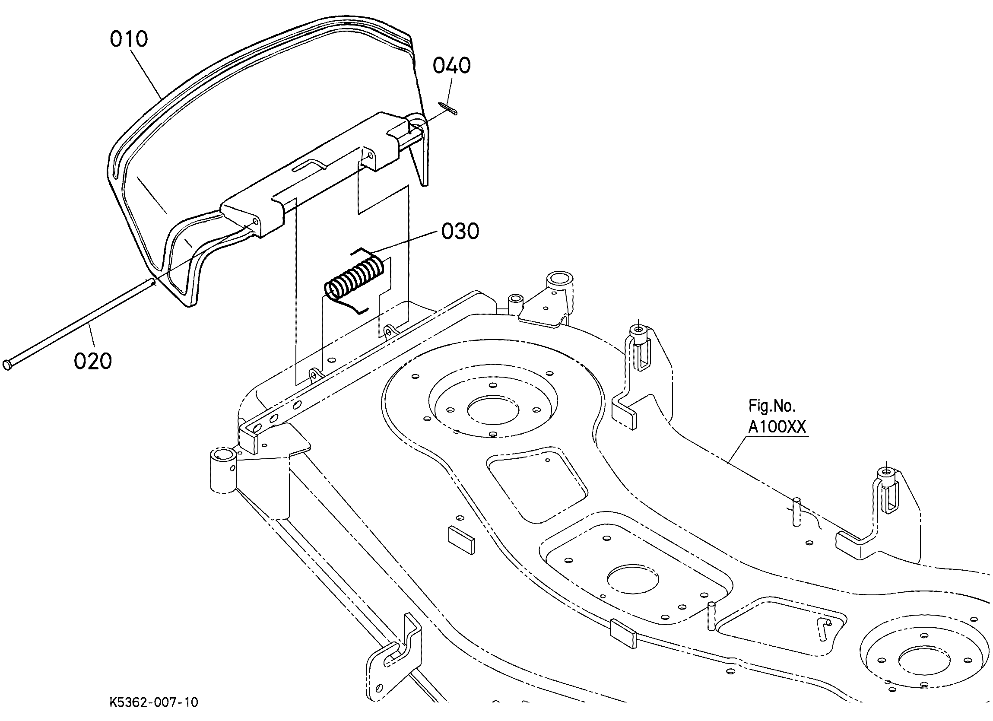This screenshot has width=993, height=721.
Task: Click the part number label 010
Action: point(128,39)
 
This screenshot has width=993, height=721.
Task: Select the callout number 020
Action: point(92,362)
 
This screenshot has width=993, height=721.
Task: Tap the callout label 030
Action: point(460,231)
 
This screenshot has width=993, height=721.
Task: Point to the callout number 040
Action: point(451,66)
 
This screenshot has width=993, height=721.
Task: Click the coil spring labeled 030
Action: point(354,280)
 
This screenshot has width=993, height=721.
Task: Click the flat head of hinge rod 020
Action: point(7,365)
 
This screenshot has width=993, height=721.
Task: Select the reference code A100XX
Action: point(776,427)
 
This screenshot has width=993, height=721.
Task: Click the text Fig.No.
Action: point(771,406)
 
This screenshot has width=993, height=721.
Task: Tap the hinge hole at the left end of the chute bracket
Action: point(256,222)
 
